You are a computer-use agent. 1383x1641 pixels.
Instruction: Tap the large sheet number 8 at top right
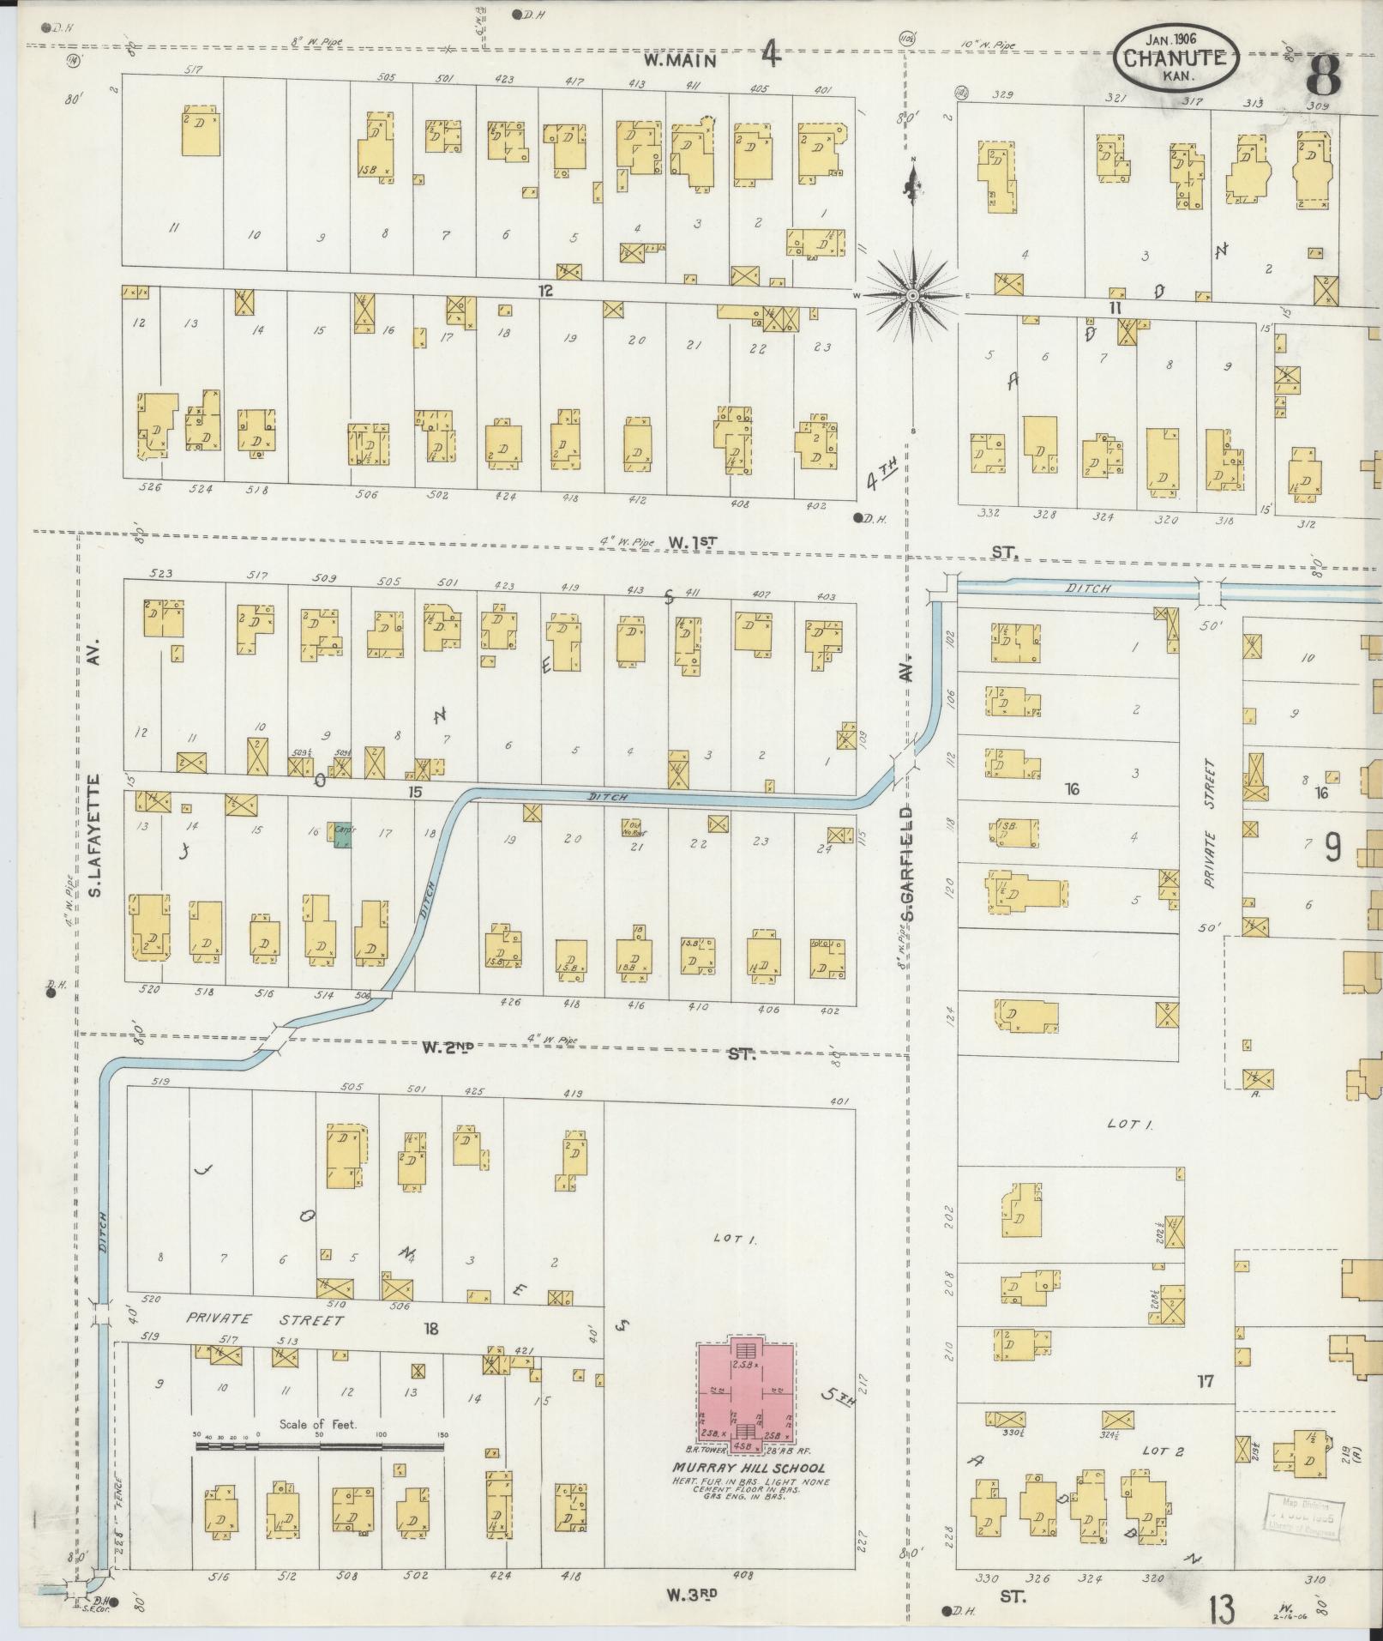[1323, 76]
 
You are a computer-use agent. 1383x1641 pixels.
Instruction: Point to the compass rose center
[913, 295]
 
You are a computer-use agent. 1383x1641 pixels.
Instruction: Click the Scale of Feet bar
[319, 1446]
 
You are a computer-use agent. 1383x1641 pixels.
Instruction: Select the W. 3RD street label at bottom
[692, 1594]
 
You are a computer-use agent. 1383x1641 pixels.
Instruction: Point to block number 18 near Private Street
[430, 1328]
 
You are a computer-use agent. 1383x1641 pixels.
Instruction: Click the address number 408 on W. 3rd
[743, 1575]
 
